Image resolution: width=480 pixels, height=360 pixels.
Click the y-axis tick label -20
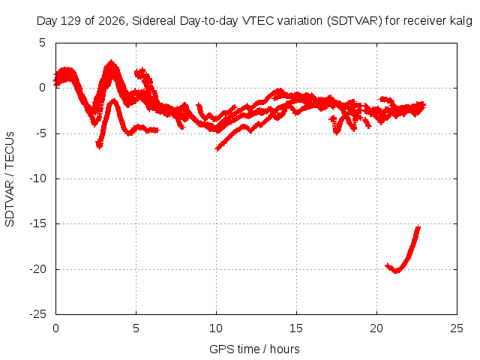click(x=37, y=269)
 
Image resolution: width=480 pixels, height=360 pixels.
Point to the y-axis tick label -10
click(x=37, y=178)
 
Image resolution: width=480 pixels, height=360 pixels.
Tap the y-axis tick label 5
click(x=42, y=43)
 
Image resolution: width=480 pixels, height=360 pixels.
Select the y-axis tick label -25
click(x=37, y=314)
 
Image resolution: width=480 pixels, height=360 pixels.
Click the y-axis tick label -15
click(x=37, y=223)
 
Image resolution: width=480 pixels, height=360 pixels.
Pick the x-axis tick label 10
click(x=216, y=328)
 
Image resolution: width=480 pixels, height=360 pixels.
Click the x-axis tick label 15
click(x=296, y=328)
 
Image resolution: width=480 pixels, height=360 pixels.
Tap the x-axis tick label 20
click(x=376, y=328)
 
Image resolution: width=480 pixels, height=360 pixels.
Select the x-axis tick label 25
click(x=457, y=328)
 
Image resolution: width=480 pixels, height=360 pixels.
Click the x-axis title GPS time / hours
click(x=254, y=349)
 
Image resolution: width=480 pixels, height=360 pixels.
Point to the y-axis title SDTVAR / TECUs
click(x=10, y=179)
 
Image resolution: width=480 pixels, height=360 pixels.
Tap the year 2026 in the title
click(x=112, y=21)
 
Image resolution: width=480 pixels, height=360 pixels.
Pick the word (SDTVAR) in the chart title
click(x=355, y=21)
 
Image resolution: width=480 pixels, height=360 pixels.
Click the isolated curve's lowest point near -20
click(x=397, y=271)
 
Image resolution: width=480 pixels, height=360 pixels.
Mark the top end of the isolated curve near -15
click(x=418, y=226)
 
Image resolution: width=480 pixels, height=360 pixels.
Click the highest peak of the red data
click(x=111, y=61)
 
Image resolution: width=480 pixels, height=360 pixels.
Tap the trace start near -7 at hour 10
click(x=217, y=149)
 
